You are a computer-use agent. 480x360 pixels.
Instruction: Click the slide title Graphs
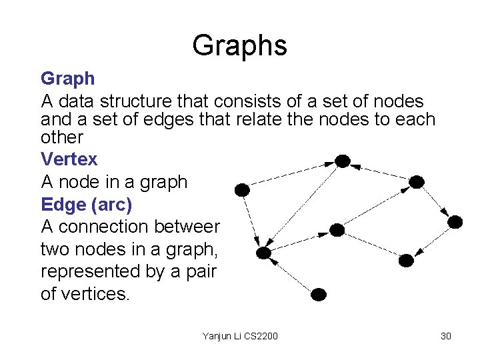tap(239, 45)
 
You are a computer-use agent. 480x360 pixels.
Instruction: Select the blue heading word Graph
tap(67, 79)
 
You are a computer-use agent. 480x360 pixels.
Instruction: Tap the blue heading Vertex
tap(69, 159)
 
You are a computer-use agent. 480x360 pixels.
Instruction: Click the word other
tap(61, 137)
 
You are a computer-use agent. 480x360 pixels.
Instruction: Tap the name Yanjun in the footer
tap(217, 336)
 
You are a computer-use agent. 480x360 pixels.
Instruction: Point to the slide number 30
tap(445, 336)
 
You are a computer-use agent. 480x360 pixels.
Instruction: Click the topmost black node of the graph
tap(342, 161)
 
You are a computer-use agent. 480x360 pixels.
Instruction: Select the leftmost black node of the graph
tap(243, 190)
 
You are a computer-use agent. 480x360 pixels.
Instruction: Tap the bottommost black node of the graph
tap(319, 293)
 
